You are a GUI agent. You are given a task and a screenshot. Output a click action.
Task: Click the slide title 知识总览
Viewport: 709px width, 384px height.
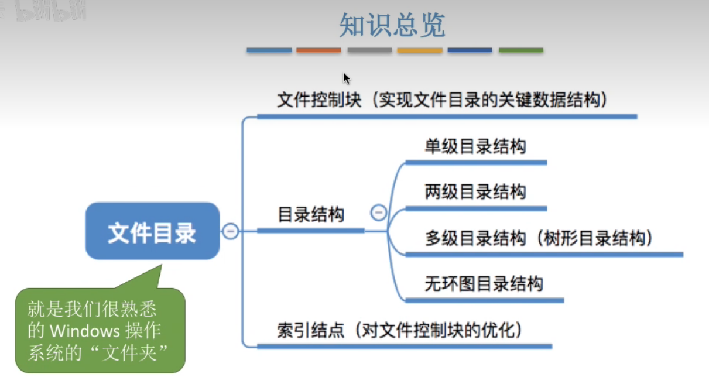coord(392,25)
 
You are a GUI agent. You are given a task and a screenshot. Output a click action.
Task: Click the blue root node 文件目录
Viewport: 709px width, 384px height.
coord(152,232)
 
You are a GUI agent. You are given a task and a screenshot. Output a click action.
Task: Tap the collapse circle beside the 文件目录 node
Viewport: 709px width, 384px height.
coord(230,232)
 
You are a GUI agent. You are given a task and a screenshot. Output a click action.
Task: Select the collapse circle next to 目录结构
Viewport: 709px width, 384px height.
coord(379,212)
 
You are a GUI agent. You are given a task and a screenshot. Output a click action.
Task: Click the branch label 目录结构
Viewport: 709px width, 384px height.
coord(311,215)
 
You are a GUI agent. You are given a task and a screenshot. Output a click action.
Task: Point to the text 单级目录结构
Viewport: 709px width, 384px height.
coord(475,146)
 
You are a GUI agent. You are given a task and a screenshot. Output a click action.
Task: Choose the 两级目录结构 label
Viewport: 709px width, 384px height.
coord(475,192)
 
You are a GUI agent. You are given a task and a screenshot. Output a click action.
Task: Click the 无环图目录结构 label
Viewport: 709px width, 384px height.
coord(484,284)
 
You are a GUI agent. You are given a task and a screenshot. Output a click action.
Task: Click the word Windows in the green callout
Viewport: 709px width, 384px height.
coord(85,331)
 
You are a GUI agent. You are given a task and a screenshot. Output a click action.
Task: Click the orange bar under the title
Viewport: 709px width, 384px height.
coord(318,51)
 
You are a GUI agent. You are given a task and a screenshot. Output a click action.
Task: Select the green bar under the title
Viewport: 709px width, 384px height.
coord(520,51)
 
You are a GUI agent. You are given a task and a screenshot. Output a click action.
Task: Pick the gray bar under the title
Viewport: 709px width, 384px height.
coord(369,51)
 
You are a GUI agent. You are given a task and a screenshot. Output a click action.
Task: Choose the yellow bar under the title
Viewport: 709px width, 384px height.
coord(420,51)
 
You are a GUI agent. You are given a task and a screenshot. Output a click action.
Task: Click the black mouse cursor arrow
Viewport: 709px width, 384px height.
coord(346,78)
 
